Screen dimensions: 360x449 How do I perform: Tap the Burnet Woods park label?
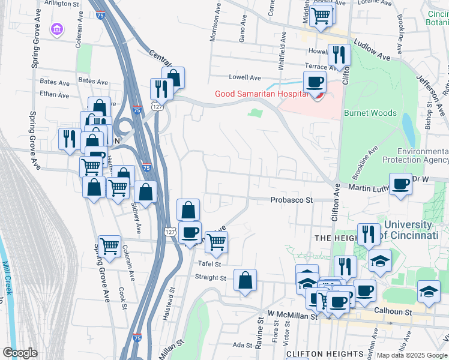pos(370,113)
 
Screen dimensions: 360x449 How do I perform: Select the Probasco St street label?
pos(292,200)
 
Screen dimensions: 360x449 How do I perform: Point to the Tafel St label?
pos(209,263)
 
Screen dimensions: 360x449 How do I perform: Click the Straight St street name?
pos(210,277)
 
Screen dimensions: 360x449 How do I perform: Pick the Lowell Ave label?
pos(244,77)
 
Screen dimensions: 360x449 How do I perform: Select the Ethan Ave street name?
pos(54,94)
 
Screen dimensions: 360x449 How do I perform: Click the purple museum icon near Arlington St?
pos(57,29)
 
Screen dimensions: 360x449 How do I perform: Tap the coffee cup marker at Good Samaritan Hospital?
pos(315,82)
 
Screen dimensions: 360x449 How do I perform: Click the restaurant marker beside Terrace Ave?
pos(339,56)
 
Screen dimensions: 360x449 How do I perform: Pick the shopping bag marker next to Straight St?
pos(246,280)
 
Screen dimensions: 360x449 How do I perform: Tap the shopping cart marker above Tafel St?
pos(216,242)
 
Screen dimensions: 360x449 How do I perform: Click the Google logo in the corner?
pos(20,353)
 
